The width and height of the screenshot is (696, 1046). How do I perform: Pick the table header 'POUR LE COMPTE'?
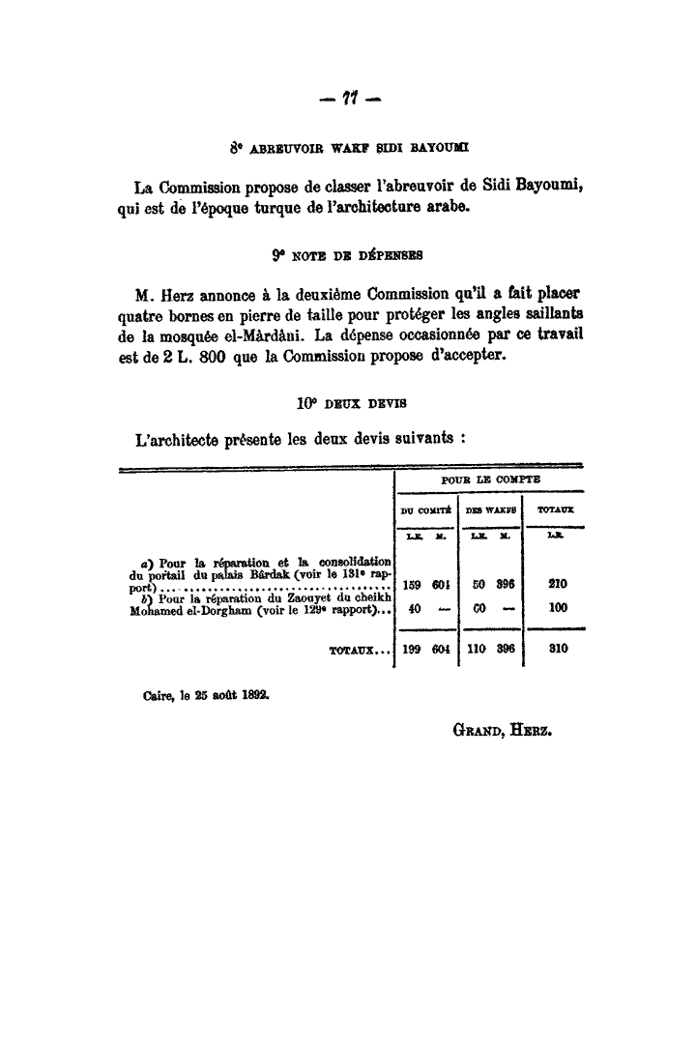pyautogui.click(x=490, y=479)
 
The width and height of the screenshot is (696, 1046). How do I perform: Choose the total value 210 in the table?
pyautogui.click(x=557, y=584)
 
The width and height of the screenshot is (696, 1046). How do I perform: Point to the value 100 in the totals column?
pyautogui.click(x=557, y=609)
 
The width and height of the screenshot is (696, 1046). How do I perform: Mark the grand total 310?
pyautogui.click(x=557, y=651)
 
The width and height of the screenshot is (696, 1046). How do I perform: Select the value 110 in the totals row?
pyautogui.click(x=476, y=651)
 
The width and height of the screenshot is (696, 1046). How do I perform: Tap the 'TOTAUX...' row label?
pyautogui.click(x=359, y=652)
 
